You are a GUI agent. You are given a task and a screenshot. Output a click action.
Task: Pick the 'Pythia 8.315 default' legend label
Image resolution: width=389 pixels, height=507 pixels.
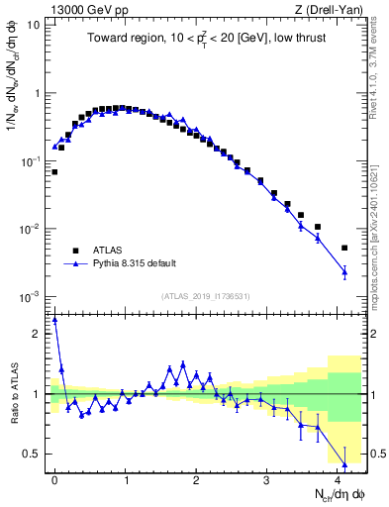(135, 264)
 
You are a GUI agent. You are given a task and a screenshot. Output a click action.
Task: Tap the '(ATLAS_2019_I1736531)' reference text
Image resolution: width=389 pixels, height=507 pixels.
(205, 296)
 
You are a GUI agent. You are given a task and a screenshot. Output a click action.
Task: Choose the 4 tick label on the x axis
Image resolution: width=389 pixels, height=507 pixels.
(338, 478)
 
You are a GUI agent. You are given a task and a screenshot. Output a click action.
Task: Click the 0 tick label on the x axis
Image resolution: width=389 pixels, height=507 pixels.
(54, 478)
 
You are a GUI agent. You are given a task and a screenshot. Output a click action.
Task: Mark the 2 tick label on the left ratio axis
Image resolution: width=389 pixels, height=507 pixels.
(37, 334)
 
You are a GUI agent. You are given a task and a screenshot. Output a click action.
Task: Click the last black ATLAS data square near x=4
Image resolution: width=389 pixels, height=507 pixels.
(344, 248)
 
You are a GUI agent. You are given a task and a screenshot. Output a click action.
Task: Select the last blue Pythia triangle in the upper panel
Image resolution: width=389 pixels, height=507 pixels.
(344, 270)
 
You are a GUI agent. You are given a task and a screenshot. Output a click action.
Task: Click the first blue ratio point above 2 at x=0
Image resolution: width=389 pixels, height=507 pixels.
(54, 320)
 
